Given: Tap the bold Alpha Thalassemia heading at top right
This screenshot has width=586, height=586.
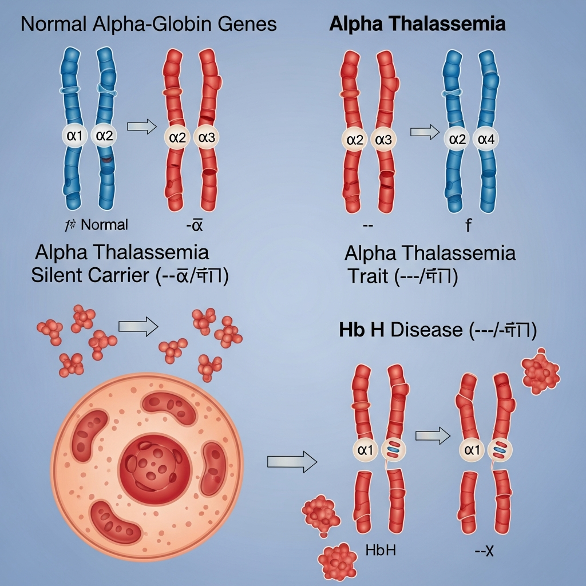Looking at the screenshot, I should coord(417,24).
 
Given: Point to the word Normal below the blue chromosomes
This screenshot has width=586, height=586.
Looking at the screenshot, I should coord(105,224).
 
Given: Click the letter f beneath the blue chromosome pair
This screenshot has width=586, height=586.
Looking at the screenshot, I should coord(468,225).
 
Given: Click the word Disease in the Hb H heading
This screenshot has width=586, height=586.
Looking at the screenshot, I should coord(426,330).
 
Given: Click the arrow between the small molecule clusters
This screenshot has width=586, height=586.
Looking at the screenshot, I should coord(138,326).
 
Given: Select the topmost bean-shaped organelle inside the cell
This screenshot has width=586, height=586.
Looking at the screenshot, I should coord(169,403).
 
